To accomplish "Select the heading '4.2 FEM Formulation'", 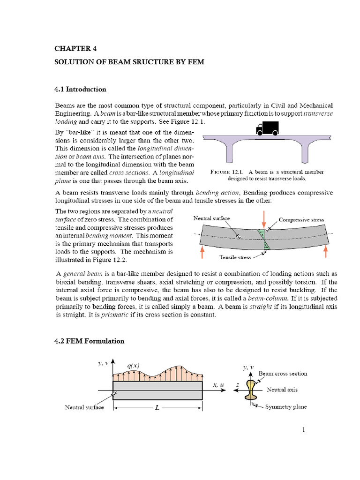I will (88, 341).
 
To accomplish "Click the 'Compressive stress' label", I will (301, 219).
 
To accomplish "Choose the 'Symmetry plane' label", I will (286, 407).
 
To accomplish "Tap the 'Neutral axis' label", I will (282, 390).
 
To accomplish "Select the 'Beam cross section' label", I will (283, 374).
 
